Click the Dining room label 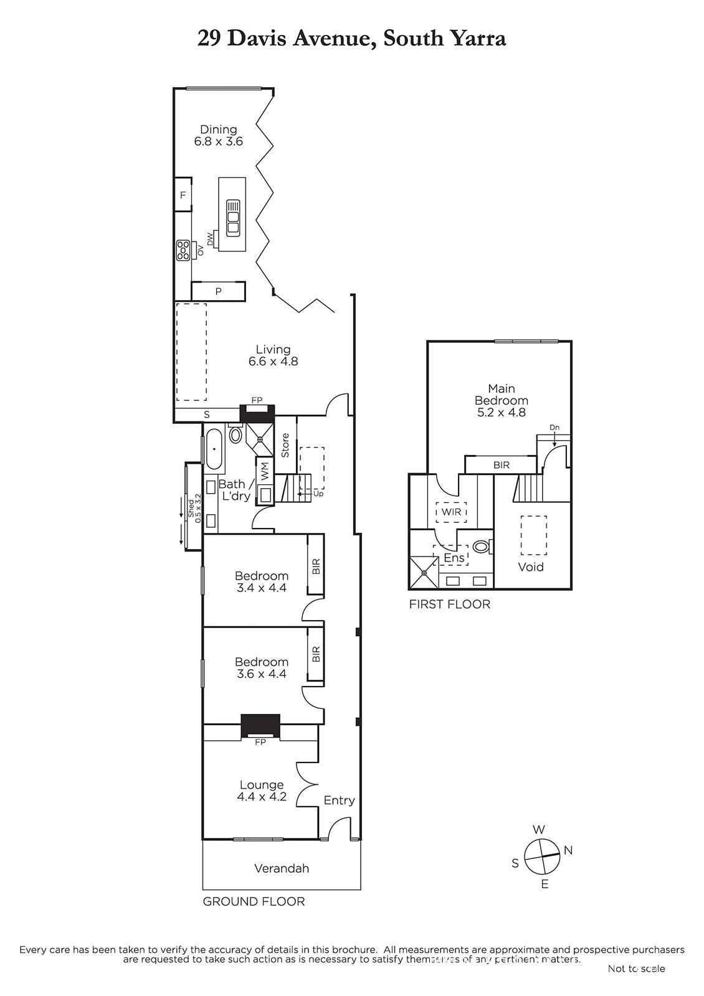[218, 135]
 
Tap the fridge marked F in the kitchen [183, 194]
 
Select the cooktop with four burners [183, 250]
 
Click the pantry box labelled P [218, 291]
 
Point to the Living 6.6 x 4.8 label [274, 355]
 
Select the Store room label [285, 445]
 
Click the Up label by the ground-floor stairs [318, 494]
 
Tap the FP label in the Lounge [260, 742]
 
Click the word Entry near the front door [339, 801]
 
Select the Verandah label [281, 868]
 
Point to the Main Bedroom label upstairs [501, 400]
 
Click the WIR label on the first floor [451, 512]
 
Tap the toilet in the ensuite [482, 546]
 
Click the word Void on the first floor [530, 567]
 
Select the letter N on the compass [568, 850]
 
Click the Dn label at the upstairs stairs [554, 427]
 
